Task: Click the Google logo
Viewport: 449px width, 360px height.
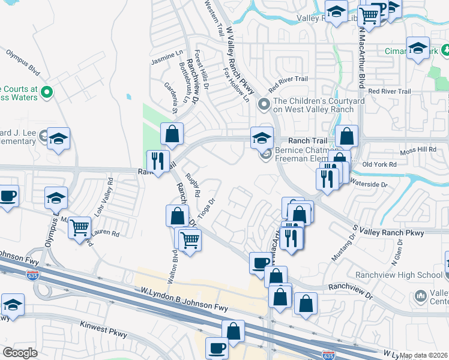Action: coord(20,353)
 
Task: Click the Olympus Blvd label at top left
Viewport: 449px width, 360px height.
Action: coord(23,62)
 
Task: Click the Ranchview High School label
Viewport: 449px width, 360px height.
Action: coord(407,275)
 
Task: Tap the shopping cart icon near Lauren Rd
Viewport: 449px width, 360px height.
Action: coord(79,228)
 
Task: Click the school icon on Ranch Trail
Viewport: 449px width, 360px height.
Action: coord(262,137)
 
